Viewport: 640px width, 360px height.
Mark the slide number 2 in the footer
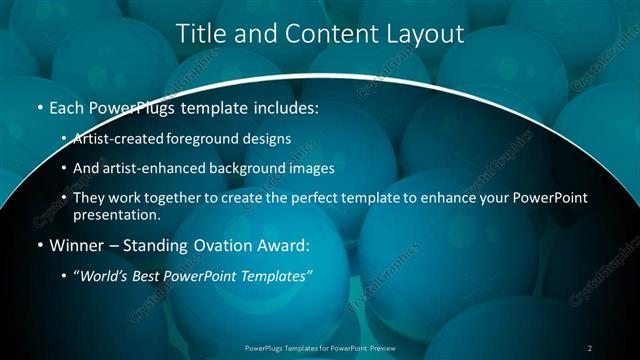pos(590,347)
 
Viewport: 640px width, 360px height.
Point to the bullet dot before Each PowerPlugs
pos(38,107)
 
